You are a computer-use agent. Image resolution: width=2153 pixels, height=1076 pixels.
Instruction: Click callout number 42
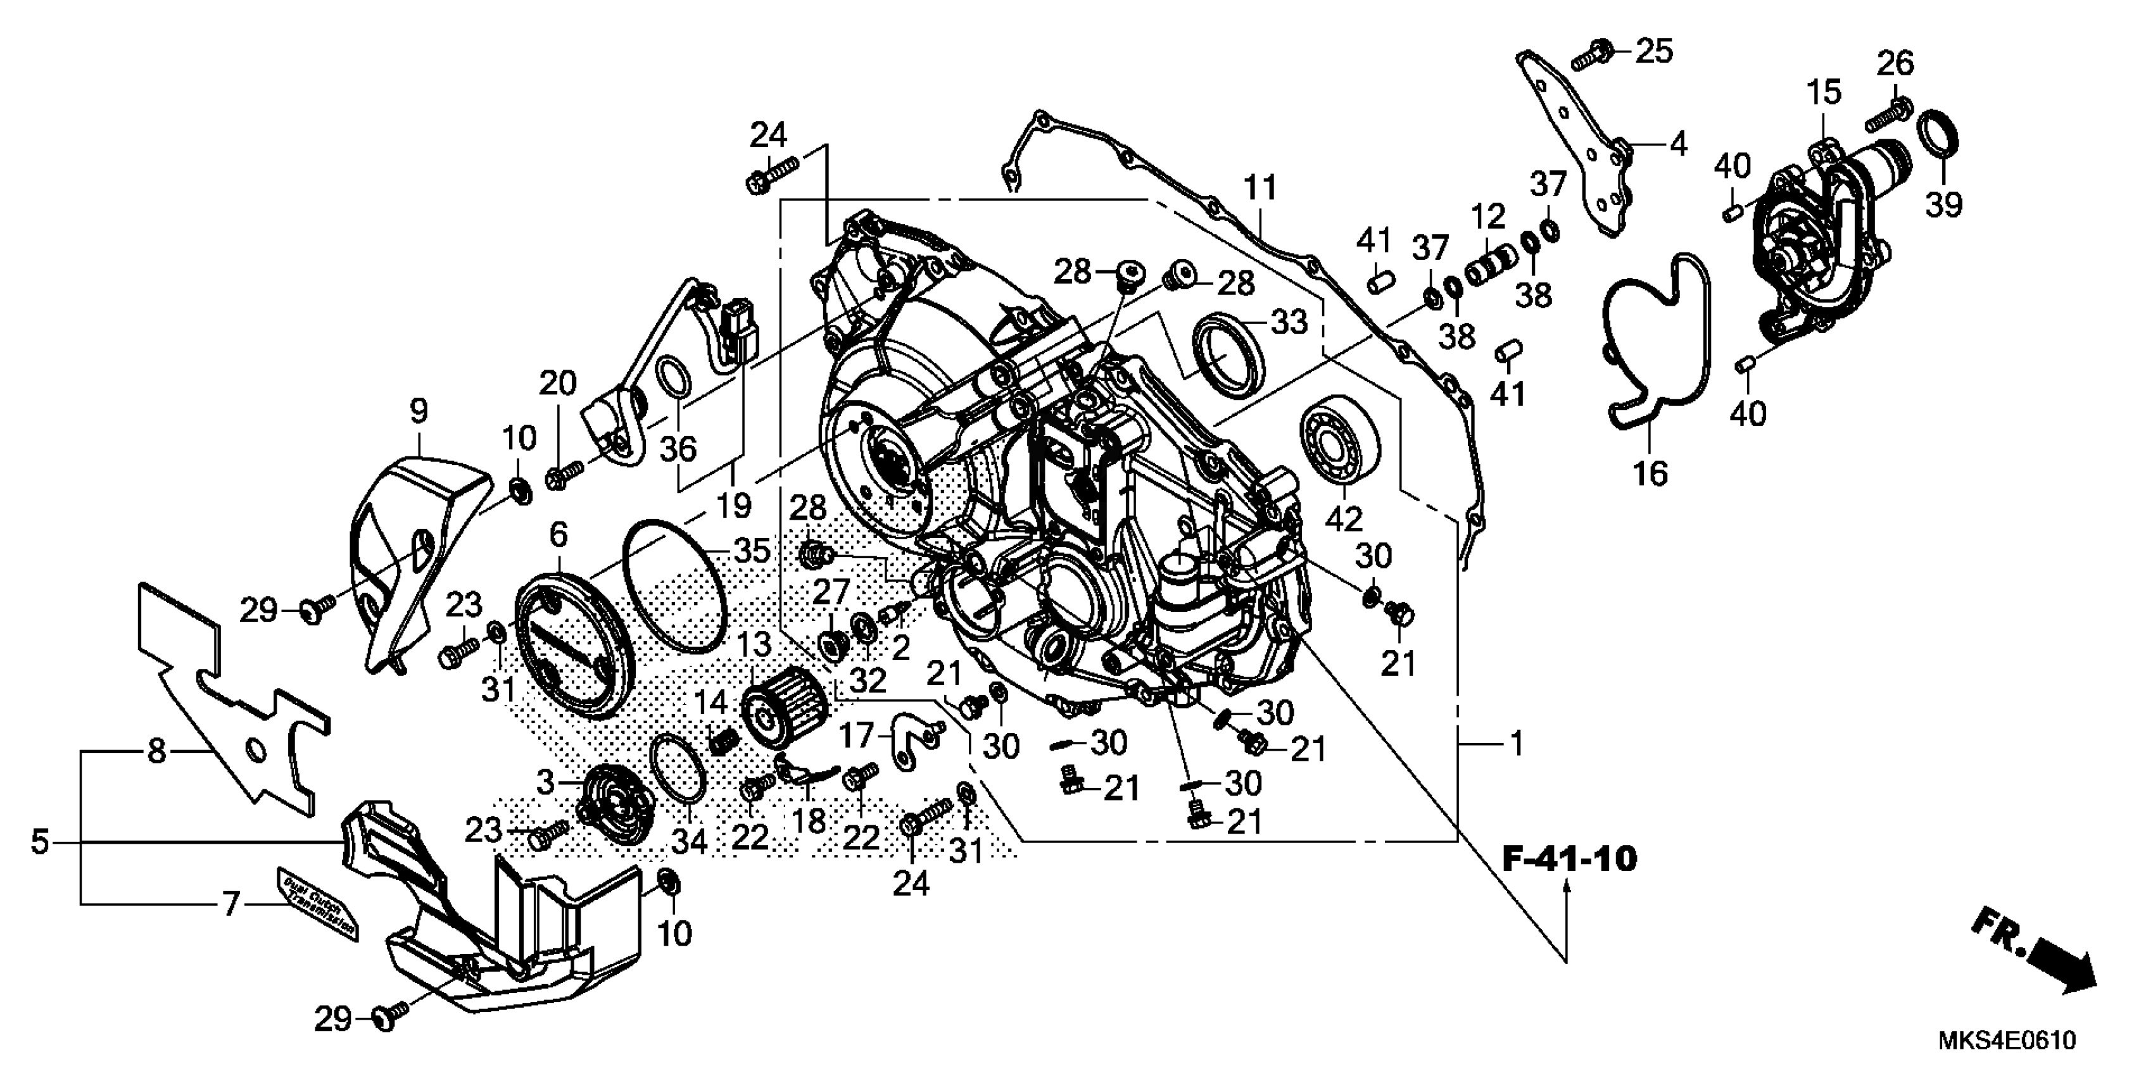[x=1343, y=519]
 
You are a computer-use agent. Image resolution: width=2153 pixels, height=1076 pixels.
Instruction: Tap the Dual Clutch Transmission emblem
[x=319, y=903]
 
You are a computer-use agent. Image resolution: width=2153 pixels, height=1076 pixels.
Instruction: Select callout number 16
[x=1650, y=473]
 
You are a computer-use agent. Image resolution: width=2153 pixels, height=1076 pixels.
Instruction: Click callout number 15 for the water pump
[x=1824, y=91]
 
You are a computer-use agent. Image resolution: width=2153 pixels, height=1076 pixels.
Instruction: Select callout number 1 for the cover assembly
[x=1516, y=742]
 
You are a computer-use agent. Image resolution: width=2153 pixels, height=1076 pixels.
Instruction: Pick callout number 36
[x=678, y=449]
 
